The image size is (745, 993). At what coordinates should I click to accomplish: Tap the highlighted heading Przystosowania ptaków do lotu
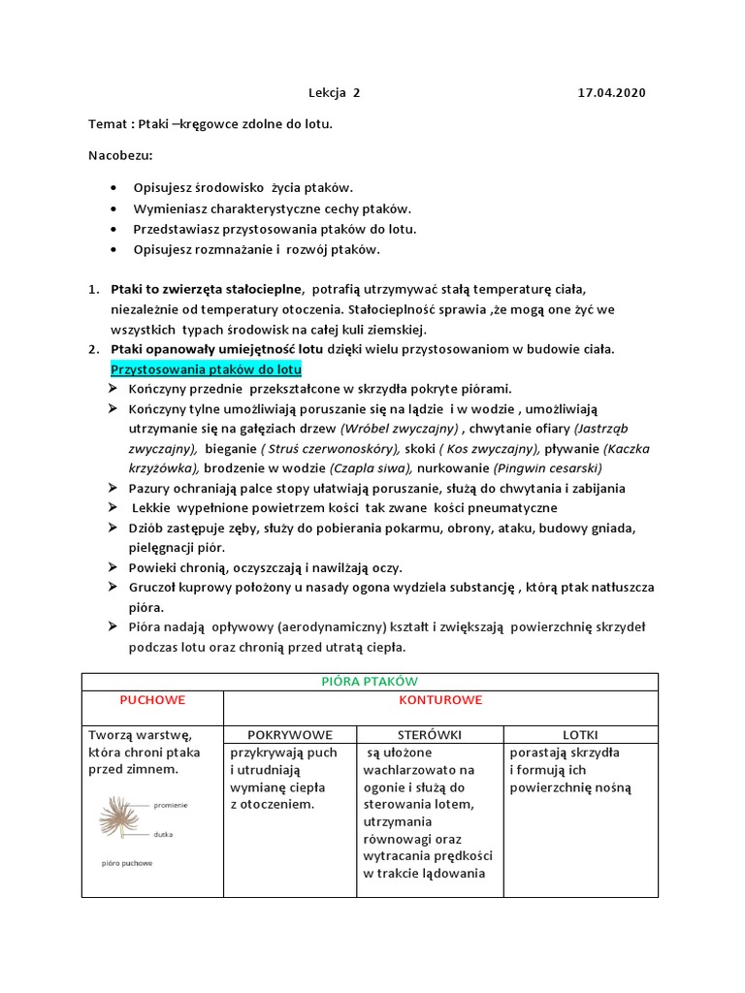click(x=207, y=370)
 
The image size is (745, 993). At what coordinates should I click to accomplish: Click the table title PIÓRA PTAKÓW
click(x=370, y=682)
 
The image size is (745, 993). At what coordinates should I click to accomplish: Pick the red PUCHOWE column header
click(x=152, y=699)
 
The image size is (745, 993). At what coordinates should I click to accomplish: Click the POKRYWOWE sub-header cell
click(x=290, y=735)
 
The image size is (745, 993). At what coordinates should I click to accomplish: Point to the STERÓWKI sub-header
click(x=430, y=735)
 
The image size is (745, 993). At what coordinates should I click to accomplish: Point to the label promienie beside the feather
click(x=170, y=805)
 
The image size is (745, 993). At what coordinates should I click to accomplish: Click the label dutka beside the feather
click(x=163, y=833)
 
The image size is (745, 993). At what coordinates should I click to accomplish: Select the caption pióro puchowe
click(x=127, y=862)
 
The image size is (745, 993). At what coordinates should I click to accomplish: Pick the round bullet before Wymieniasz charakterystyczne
click(x=116, y=208)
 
